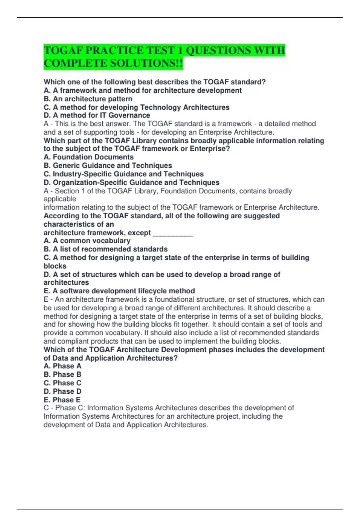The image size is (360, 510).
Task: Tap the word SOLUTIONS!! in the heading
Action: [x=143, y=63]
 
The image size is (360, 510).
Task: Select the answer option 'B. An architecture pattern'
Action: [x=88, y=99]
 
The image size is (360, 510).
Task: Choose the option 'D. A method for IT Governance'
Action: [x=97, y=115]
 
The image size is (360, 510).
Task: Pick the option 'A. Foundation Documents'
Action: [x=88, y=157]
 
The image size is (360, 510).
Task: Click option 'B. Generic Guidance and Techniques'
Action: [x=108, y=166]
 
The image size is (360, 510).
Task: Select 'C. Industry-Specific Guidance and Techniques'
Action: [x=124, y=174]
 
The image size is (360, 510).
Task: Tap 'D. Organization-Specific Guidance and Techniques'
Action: [x=131, y=182]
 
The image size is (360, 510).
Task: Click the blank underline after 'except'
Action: [x=173, y=233]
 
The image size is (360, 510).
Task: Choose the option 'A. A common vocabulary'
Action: [x=87, y=241]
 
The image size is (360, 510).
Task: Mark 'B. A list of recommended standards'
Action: [x=106, y=249]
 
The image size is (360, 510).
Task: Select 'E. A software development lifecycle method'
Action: [x=119, y=291]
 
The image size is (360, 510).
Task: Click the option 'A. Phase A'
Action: [x=62, y=366]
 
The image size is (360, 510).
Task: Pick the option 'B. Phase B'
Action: [x=62, y=375]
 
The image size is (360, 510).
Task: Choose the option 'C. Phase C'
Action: [x=62, y=383]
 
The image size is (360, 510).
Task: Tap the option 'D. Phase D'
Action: [x=62, y=391]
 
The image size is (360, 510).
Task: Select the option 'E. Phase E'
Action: [x=62, y=400]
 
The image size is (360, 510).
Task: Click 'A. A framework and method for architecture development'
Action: [x=142, y=91]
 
